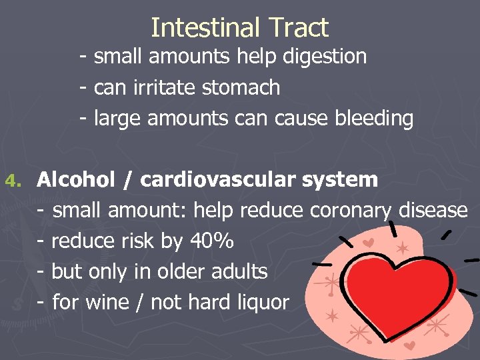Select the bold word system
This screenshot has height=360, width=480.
click(339, 179)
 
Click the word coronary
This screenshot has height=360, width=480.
click(350, 211)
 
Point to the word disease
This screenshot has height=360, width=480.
click(433, 211)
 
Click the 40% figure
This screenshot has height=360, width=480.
click(211, 241)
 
